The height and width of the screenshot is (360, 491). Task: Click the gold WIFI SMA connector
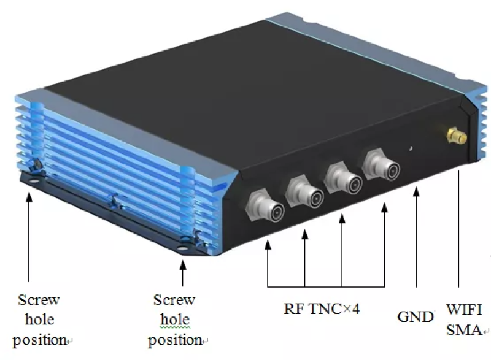(457, 136)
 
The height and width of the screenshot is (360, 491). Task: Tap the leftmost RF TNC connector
(265, 207)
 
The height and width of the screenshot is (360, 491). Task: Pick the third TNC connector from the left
(341, 177)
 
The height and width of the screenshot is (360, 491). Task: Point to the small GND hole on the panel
(410, 147)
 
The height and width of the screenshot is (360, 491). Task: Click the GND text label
(416, 317)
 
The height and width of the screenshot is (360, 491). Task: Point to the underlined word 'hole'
(175, 320)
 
